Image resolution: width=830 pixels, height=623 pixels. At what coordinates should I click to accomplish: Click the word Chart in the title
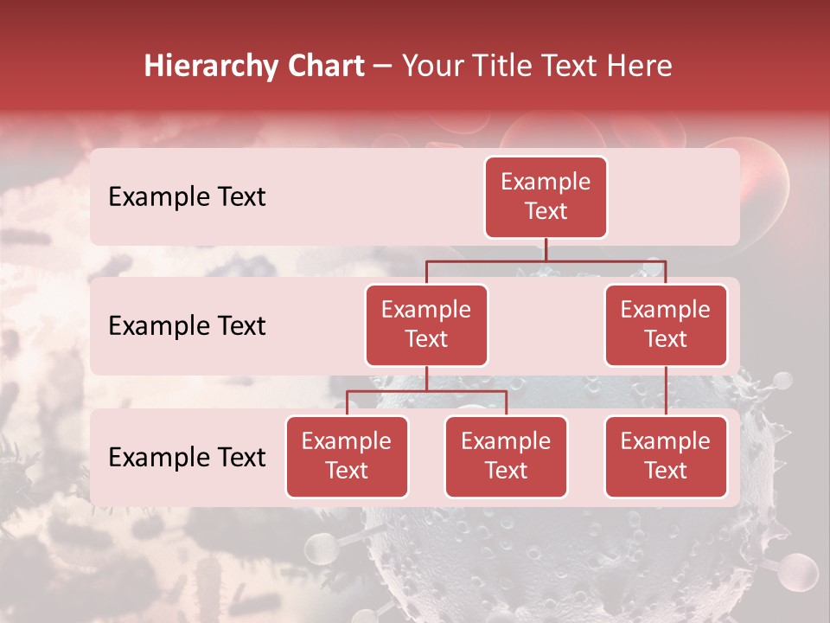click(x=326, y=66)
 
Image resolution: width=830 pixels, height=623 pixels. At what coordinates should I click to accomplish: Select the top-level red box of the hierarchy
click(x=546, y=197)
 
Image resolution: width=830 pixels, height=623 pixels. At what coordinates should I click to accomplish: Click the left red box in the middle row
click(x=426, y=324)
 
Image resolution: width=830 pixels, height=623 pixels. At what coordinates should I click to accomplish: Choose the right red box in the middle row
click(x=666, y=324)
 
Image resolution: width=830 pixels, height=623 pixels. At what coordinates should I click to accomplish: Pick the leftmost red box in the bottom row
click(x=347, y=456)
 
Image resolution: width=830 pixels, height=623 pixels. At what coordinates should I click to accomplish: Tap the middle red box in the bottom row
click(x=506, y=456)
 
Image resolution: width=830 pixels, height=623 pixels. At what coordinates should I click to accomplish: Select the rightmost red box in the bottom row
click(x=666, y=456)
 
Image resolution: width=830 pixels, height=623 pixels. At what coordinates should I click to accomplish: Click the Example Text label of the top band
click(x=187, y=197)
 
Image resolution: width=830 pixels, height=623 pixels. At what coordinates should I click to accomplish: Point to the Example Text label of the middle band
click(x=187, y=326)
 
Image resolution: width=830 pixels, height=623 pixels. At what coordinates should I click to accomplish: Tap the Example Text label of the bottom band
click(x=187, y=458)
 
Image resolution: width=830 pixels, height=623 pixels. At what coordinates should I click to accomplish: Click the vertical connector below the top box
click(x=546, y=249)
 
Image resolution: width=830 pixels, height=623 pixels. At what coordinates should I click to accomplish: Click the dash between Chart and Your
click(x=384, y=66)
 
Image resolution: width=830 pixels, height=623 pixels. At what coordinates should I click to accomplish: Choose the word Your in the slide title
click(x=431, y=66)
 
